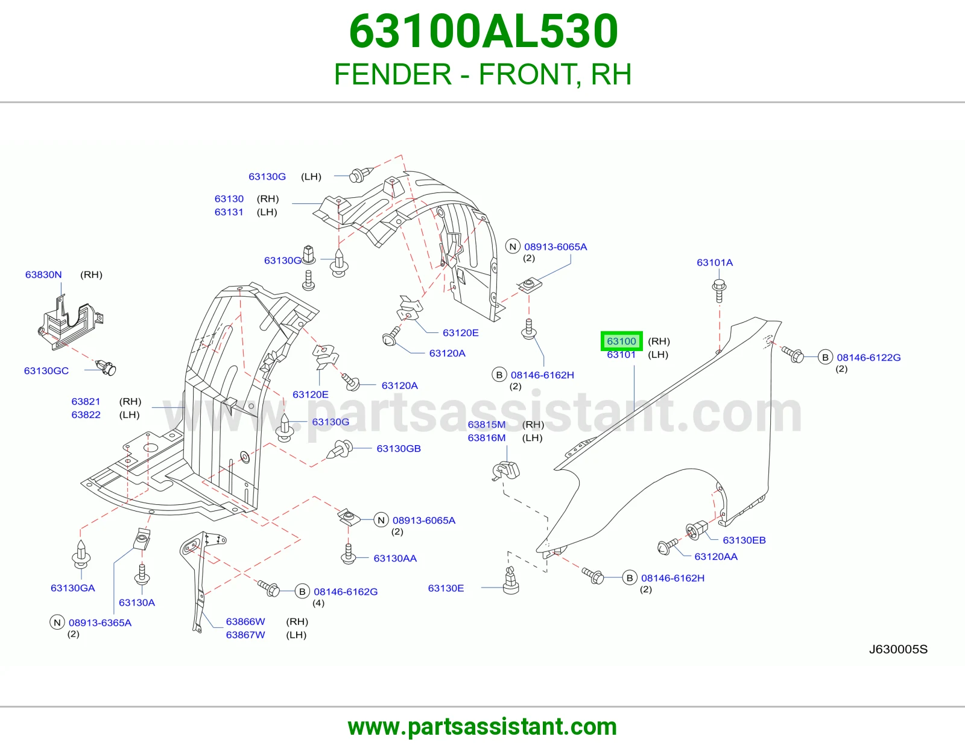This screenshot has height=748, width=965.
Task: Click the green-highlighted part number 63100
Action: [621, 341]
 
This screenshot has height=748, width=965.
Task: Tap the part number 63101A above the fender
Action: [715, 262]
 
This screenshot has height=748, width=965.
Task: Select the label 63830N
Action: [43, 274]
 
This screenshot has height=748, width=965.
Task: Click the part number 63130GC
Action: [46, 370]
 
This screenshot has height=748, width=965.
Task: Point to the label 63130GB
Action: [398, 449]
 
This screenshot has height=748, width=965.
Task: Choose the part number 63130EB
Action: [744, 540]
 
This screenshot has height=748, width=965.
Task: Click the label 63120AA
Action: [716, 557]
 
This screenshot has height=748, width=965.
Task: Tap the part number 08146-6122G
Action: [868, 357]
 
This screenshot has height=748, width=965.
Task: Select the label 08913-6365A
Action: [100, 623]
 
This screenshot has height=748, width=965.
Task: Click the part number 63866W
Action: [245, 621]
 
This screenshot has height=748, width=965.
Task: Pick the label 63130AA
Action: [395, 559]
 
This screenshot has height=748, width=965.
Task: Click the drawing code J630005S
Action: [898, 650]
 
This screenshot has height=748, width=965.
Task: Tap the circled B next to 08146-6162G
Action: [302, 592]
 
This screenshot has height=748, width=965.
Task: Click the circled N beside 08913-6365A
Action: [57, 623]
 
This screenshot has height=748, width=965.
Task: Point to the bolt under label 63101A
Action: [719, 291]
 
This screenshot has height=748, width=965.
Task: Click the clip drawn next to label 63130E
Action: [511, 580]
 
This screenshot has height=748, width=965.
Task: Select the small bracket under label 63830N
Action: [71, 323]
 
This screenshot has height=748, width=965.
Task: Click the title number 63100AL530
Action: [483, 31]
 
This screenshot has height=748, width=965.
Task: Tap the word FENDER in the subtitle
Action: [393, 74]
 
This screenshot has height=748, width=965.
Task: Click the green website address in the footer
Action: [482, 727]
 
